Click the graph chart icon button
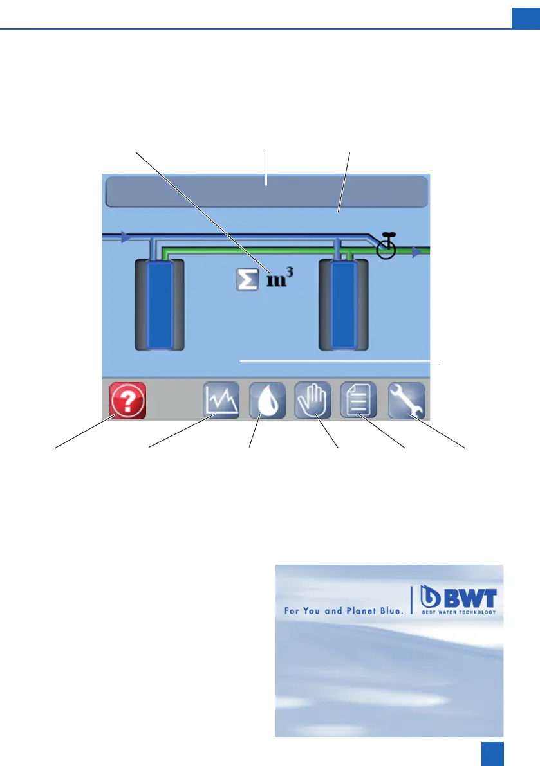[221, 401]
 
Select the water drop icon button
[267, 401]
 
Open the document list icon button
[358, 401]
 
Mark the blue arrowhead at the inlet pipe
[126, 237]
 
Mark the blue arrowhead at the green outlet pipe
[417, 253]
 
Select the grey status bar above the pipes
[266, 192]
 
